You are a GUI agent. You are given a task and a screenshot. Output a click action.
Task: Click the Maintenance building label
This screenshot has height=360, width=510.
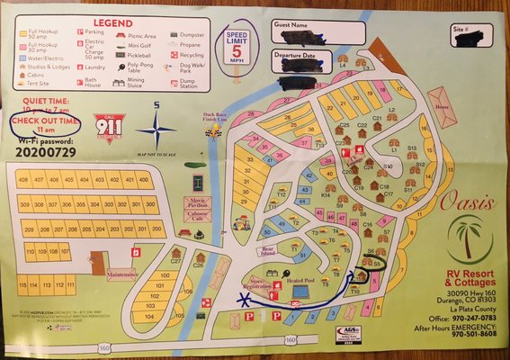(121, 274)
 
